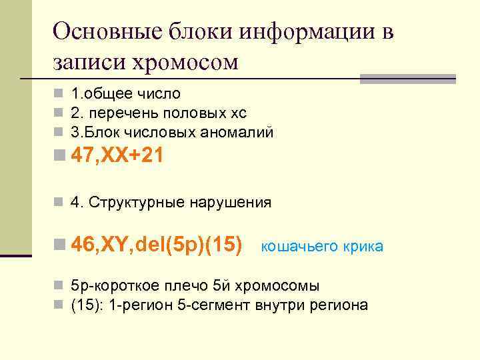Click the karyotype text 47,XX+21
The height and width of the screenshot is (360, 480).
point(118,157)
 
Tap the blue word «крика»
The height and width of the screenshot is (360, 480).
point(363,247)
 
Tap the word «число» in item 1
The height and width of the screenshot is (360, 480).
point(160,94)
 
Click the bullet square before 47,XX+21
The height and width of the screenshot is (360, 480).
point(59,158)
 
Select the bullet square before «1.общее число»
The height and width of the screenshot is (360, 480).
point(59,94)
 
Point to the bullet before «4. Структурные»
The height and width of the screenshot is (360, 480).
point(59,202)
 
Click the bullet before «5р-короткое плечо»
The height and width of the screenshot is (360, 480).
point(59,286)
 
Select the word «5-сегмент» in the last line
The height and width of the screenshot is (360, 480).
point(200,305)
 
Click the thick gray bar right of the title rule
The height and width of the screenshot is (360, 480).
point(407,79)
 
